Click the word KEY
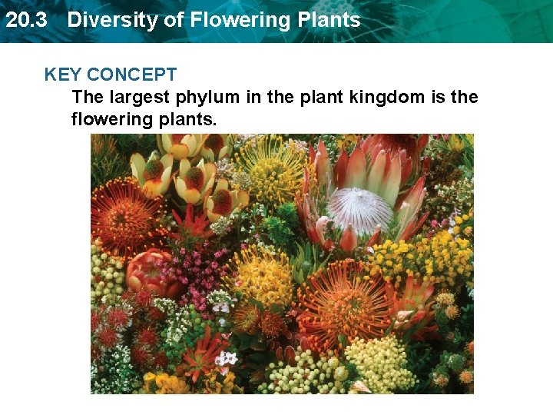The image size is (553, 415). tap(63, 75)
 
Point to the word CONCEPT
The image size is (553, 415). tap(132, 75)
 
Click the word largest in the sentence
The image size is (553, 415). tap(141, 98)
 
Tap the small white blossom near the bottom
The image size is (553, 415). tap(226, 359)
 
